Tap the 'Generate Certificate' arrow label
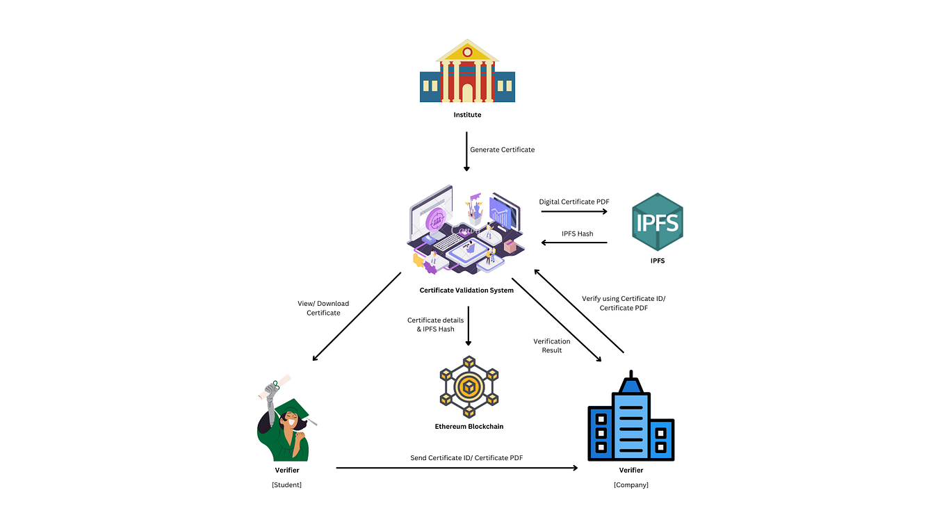click(x=502, y=149)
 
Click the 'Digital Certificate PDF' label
click(x=574, y=202)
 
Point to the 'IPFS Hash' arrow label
click(x=577, y=234)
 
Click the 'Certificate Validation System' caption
click(x=466, y=291)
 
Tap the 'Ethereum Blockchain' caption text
click(x=469, y=426)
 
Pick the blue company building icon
click(x=630, y=420)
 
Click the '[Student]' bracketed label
click(x=286, y=484)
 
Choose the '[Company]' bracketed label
click(x=630, y=484)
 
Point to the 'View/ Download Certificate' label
click(x=323, y=308)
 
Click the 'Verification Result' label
click(x=551, y=345)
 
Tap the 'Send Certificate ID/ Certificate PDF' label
click(x=466, y=458)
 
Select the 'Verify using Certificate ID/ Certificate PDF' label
click(x=624, y=303)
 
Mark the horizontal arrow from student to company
click(x=457, y=468)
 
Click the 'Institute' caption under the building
click(x=467, y=115)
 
